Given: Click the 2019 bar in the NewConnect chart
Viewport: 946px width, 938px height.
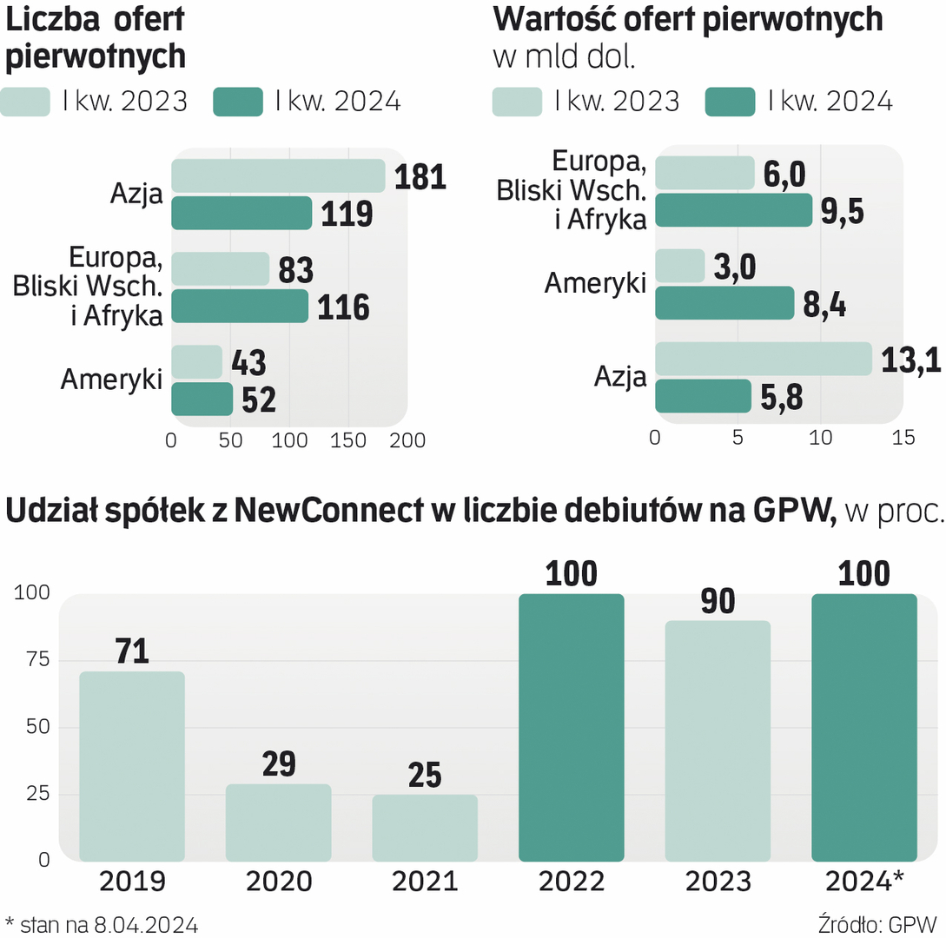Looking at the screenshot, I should (x=131, y=765).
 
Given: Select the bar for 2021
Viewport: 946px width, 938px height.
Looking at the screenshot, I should (x=425, y=827).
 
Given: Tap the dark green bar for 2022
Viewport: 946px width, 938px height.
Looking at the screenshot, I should (x=571, y=727).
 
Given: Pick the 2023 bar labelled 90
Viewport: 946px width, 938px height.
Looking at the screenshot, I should (x=718, y=740).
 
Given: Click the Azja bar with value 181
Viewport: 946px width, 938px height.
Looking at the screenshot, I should (x=278, y=175).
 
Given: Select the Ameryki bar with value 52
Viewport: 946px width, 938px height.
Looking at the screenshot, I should (x=202, y=400).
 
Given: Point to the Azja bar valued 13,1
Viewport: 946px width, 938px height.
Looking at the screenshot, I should (x=763, y=359).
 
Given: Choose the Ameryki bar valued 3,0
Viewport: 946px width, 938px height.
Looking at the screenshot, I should (x=679, y=266).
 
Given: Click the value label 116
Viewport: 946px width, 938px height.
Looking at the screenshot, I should (x=343, y=307).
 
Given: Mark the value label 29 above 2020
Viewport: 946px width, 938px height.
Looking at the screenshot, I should (x=278, y=764).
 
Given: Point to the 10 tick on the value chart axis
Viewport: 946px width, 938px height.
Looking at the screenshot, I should (x=819, y=438).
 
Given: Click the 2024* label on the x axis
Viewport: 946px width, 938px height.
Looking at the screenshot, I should (x=864, y=882).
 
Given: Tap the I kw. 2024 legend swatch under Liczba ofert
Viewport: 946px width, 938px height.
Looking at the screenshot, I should (x=237, y=102).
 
